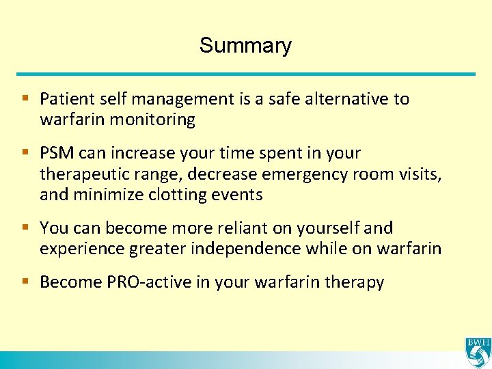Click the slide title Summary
tap(245, 46)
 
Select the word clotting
tap(178, 195)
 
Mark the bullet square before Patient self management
tap(25, 98)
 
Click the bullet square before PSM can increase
tap(25, 152)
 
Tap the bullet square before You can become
tap(25, 227)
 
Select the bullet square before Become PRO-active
tap(25, 282)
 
